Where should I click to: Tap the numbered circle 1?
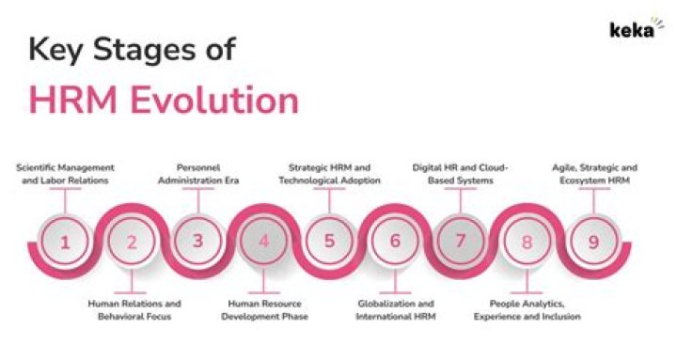[65, 241]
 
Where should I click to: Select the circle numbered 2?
[132, 242]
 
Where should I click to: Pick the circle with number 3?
[197, 241]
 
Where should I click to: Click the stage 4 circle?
[263, 242]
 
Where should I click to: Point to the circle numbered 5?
[329, 241]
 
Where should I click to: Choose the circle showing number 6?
[395, 242]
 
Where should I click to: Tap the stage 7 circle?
[461, 241]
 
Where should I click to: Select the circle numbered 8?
[527, 242]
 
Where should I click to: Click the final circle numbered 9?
[592, 241]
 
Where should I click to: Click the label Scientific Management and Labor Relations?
[64, 173]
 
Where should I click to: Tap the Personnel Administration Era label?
[197, 173]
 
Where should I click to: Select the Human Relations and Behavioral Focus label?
[133, 310]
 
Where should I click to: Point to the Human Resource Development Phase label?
[264, 310]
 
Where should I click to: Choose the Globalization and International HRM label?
[396, 310]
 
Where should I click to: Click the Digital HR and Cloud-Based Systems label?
[461, 173]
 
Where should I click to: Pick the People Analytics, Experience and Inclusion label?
[535, 310]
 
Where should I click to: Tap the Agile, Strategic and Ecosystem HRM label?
[593, 173]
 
